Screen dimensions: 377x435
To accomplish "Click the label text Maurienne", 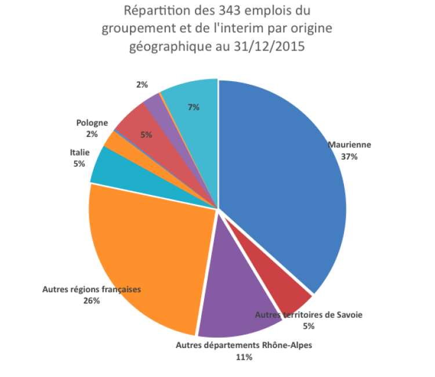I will click(x=349, y=145).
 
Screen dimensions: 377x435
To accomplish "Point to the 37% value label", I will click(x=349, y=157).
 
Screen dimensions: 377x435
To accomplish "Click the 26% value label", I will click(x=91, y=300).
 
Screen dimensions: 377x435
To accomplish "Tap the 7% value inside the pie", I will click(x=194, y=107).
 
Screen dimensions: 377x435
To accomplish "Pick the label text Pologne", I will click(x=92, y=123).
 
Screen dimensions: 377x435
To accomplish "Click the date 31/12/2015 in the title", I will click(x=270, y=46).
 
